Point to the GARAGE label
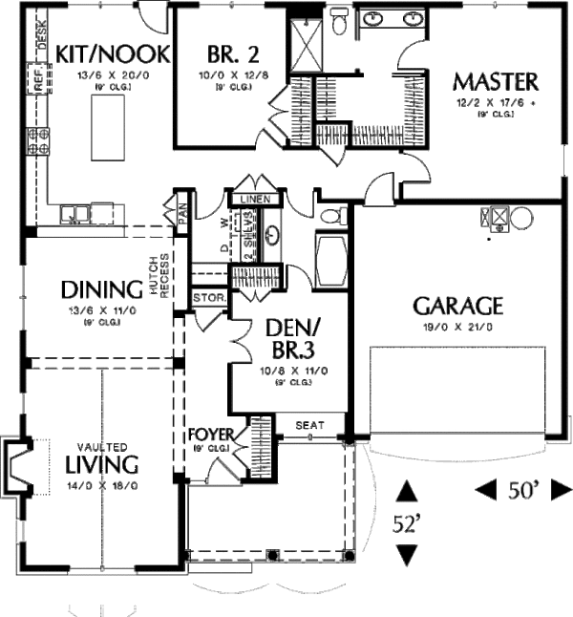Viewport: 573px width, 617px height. tap(457, 306)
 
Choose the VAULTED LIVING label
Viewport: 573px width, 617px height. tap(102, 459)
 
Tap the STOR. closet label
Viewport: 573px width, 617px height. tap(208, 297)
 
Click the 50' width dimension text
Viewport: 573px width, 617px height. tap(522, 490)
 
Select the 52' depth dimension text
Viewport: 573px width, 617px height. tap(408, 523)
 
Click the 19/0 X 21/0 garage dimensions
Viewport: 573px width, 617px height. tap(457, 327)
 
